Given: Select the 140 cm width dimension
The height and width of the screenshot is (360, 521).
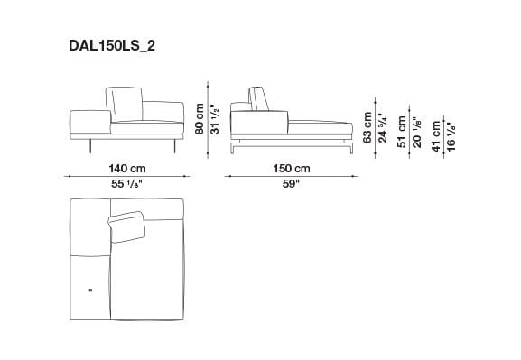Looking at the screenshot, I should point(126,168).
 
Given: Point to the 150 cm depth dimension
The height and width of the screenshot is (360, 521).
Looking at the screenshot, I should point(291,168).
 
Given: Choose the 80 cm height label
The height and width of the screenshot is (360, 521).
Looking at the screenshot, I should point(200,119).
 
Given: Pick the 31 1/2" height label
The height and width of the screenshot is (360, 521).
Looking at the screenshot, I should point(214,118).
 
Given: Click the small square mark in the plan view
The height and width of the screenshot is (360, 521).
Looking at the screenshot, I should point(90,290).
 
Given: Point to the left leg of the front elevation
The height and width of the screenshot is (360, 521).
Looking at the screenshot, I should point(89,146).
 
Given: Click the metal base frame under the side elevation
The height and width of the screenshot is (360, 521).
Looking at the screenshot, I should point(289,143).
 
